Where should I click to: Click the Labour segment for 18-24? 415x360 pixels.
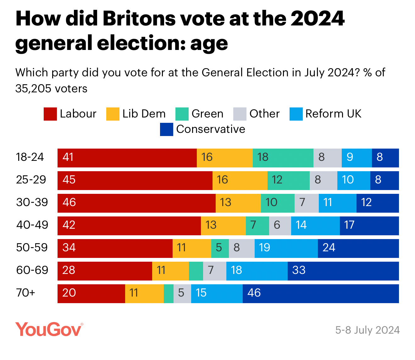tap(127, 158)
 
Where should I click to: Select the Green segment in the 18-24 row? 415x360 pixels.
tap(283, 158)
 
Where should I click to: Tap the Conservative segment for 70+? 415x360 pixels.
tap(321, 294)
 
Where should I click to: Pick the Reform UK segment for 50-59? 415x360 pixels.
tap(286, 248)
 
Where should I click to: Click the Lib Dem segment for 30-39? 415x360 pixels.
tap(238, 203)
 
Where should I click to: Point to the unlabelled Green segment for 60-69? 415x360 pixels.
tap(196, 271)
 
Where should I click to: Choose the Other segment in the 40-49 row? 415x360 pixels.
tap(280, 226)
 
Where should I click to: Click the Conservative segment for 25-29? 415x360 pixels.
tap(385, 181)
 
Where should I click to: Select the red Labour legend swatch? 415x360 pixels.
tap(50, 114)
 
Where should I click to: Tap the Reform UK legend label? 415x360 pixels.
tap(333, 114)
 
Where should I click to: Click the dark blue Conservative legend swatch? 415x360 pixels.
tap(167, 129)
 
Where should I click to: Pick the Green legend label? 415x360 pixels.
tap(207, 114)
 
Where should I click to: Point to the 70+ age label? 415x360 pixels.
tap(26, 293)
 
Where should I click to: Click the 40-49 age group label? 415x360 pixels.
tap(32, 225)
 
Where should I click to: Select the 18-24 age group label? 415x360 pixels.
tap(30, 157)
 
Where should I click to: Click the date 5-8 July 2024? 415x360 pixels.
tap(368, 330)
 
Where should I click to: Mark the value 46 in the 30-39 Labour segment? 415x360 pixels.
tap(69, 202)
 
